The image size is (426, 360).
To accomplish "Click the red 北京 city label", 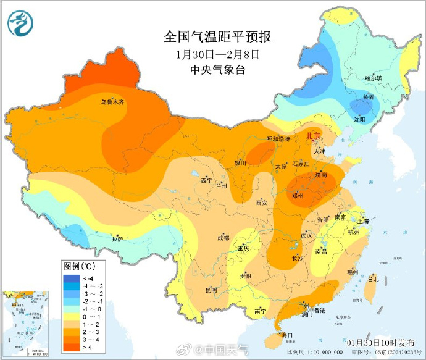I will point(314,136).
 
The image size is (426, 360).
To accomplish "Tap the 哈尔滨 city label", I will point(374,78).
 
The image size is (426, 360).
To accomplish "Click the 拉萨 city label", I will point(117,239).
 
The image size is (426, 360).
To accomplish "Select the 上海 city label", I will point(362,221).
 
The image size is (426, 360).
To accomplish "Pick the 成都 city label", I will point(222,238).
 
